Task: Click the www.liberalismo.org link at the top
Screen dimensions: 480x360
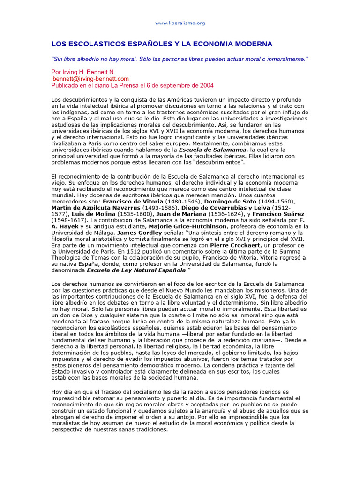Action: [x=180, y=23]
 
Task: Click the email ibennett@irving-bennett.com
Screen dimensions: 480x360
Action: [x=90, y=79]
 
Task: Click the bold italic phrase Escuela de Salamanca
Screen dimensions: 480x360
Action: [x=216, y=149]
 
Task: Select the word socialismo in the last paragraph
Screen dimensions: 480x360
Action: [x=144, y=391]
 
